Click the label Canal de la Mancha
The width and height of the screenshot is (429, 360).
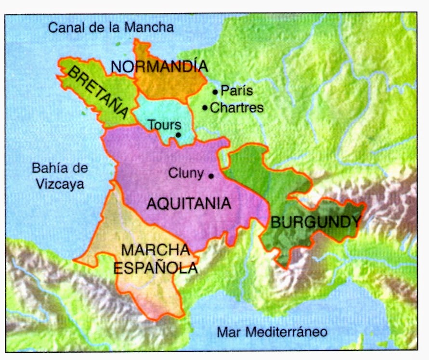coord(111,27)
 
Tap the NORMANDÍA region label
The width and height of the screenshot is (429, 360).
coord(159,66)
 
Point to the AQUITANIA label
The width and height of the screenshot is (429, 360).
coord(188,204)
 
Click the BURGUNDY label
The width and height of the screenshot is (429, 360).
coord(316,222)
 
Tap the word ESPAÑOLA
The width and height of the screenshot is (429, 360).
coord(156,268)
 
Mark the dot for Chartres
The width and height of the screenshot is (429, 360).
coord(206,108)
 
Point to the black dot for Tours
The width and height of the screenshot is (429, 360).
coord(178,135)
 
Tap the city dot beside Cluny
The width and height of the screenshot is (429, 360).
coord(210,176)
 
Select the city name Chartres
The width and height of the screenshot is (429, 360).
coord(237,108)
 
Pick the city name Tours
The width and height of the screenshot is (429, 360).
coord(164,125)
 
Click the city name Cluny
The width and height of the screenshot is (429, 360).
coord(186,174)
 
